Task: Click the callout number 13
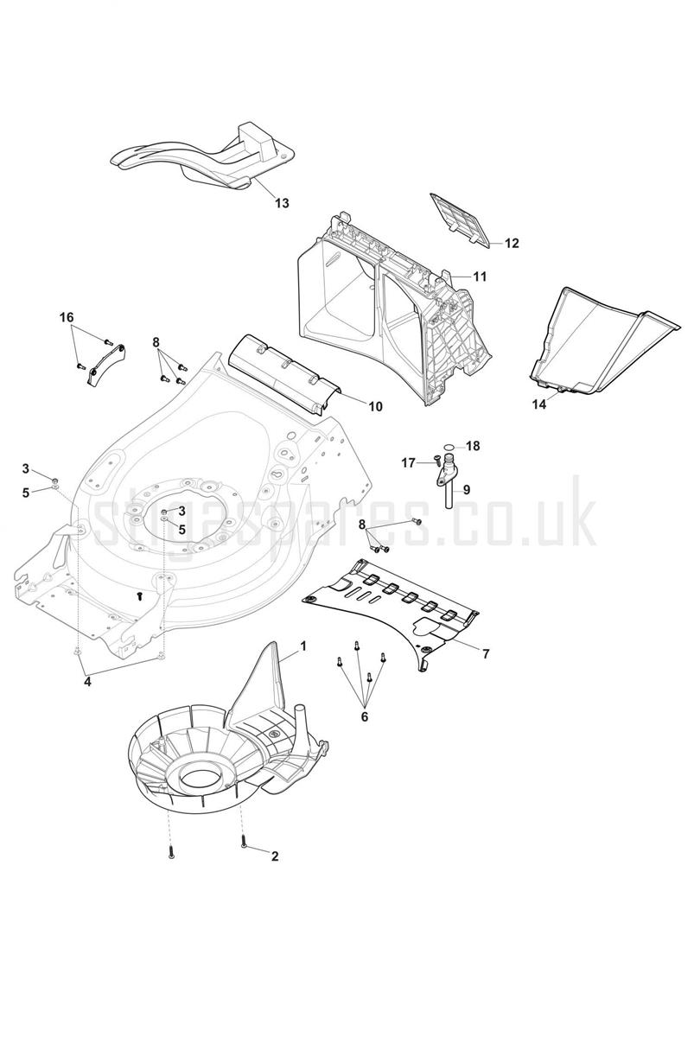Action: [282, 203]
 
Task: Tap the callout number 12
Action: [512, 243]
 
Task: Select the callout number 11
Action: [481, 277]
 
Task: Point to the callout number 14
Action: [539, 404]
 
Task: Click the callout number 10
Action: [375, 406]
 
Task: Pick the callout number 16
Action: [67, 318]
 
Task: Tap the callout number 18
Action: [473, 446]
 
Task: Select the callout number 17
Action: [408, 462]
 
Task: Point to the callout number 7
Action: [486, 654]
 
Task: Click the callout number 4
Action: [87, 682]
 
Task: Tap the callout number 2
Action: [275, 856]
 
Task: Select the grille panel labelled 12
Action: [461, 220]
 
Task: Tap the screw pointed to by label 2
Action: [244, 843]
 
